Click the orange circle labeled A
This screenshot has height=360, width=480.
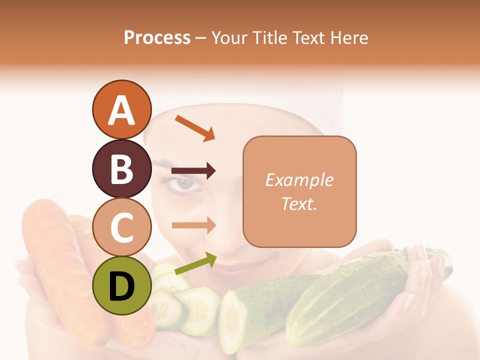click(x=121, y=110)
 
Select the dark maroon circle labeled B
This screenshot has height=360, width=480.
click(x=121, y=169)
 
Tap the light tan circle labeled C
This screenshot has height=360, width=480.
click(x=121, y=227)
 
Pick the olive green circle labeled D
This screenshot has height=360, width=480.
click(x=121, y=285)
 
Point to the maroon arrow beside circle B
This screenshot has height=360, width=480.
click(x=193, y=171)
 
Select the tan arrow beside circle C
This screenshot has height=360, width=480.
click(x=193, y=225)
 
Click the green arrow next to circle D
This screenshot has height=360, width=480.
click(x=195, y=264)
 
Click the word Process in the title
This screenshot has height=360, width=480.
click(x=157, y=38)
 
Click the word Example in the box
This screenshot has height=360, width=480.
click(x=299, y=180)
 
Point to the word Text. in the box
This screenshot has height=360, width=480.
click(x=299, y=203)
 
